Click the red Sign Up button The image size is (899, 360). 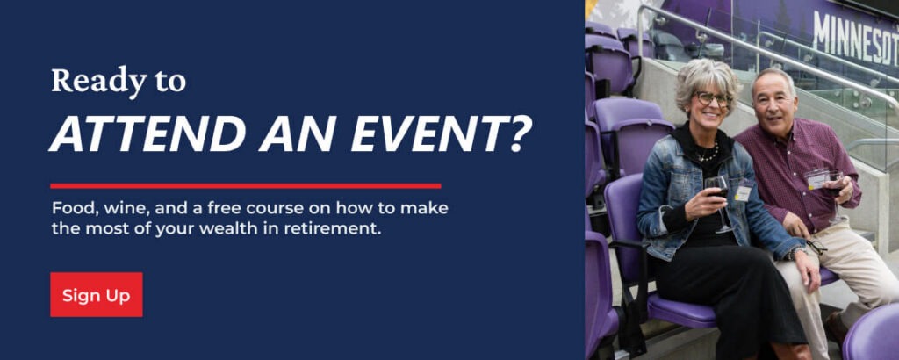pos(97,295)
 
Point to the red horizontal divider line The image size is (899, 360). pos(246,186)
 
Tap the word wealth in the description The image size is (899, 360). pos(253,230)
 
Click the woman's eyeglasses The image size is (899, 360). pos(713,98)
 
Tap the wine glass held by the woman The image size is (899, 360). pos(718,201)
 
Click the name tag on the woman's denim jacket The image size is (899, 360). pos(743,193)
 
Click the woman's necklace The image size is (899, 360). pos(708,154)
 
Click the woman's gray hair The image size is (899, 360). pos(706,83)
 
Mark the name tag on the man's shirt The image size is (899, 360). pos(816,180)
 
